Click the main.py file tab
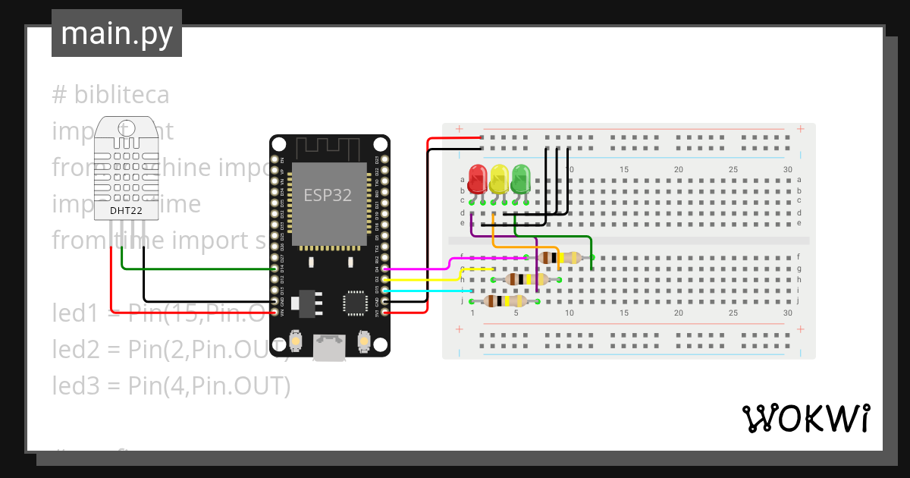tap(116, 34)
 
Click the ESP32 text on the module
tap(328, 195)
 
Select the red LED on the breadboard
tap(477, 179)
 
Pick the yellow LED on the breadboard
tap(498, 179)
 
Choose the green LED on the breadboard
tap(520, 179)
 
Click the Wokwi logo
tap(805, 418)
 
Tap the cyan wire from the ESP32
tap(425, 290)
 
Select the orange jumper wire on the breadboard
tap(523, 247)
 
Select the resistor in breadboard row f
tap(562, 258)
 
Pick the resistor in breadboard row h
tap(526, 279)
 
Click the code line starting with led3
tap(171, 386)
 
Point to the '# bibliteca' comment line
tap(111, 95)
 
